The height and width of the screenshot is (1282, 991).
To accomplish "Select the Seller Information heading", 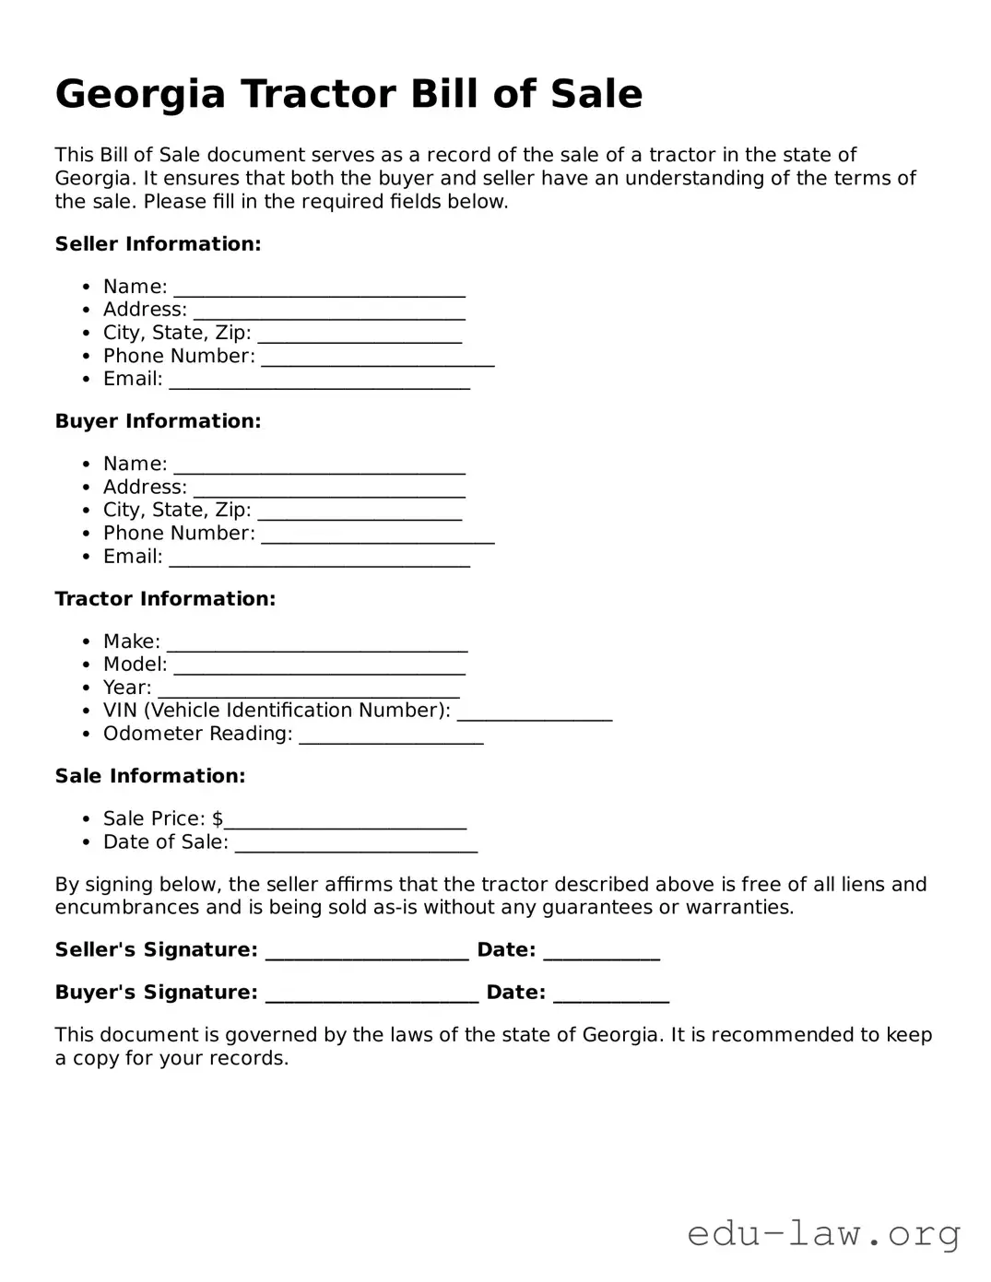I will click(158, 244).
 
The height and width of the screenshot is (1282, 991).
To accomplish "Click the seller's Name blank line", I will click(319, 289).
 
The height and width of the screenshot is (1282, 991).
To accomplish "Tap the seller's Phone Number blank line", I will click(377, 359).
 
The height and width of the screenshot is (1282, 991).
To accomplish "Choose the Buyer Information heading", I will click(158, 421).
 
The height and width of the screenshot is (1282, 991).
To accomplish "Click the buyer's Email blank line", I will click(319, 559).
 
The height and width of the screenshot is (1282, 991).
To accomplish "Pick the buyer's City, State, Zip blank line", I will click(360, 512).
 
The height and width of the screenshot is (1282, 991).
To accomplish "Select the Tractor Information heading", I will click(165, 599).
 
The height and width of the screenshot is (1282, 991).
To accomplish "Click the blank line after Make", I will click(317, 643).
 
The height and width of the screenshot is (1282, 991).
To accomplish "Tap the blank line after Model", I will click(319, 666).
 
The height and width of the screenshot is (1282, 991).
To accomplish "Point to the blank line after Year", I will click(309, 689).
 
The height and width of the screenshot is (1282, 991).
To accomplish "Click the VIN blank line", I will click(535, 712).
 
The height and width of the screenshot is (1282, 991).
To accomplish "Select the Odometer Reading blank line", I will click(391, 735).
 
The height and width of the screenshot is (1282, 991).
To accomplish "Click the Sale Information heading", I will click(150, 776).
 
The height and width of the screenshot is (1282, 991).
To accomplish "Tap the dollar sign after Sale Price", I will click(218, 818).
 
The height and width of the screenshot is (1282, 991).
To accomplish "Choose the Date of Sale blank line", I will click(356, 844).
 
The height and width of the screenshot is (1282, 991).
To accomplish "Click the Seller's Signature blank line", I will click(367, 952).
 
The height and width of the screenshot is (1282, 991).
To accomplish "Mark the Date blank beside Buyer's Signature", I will click(610, 994).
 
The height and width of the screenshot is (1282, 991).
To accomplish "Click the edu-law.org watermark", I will click(823, 1233).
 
